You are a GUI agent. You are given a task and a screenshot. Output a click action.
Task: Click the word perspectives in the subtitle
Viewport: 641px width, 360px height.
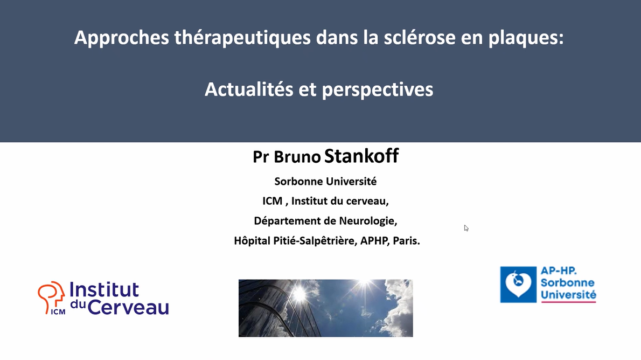coord(377,89)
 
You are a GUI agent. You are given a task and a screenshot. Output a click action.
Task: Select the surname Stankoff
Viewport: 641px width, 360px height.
coord(361,156)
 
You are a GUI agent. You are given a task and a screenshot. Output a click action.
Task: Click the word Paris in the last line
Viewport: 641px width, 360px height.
coord(406,241)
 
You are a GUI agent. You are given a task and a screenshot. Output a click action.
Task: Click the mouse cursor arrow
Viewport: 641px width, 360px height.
coord(466,228)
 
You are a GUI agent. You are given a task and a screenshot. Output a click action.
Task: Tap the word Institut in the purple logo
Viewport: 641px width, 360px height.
coord(104,290)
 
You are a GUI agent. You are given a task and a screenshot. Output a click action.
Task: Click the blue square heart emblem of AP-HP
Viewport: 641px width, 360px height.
coord(518,284)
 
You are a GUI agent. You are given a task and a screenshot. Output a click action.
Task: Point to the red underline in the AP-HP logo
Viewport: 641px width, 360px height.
coord(568,302)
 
